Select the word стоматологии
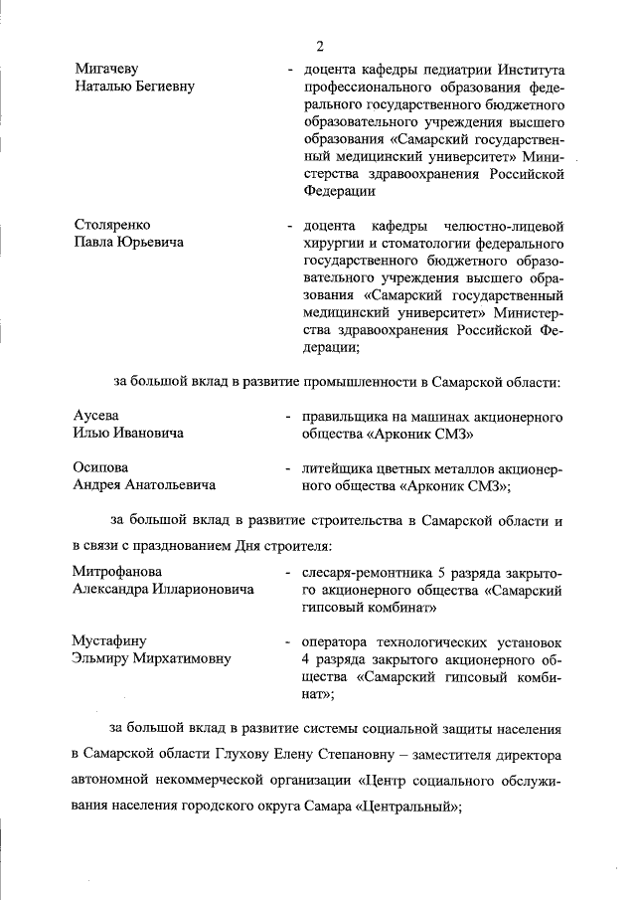click(x=418, y=244)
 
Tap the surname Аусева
click(x=96, y=416)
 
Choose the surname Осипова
click(x=101, y=467)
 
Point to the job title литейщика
click(x=337, y=467)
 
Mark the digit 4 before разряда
click(x=307, y=659)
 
